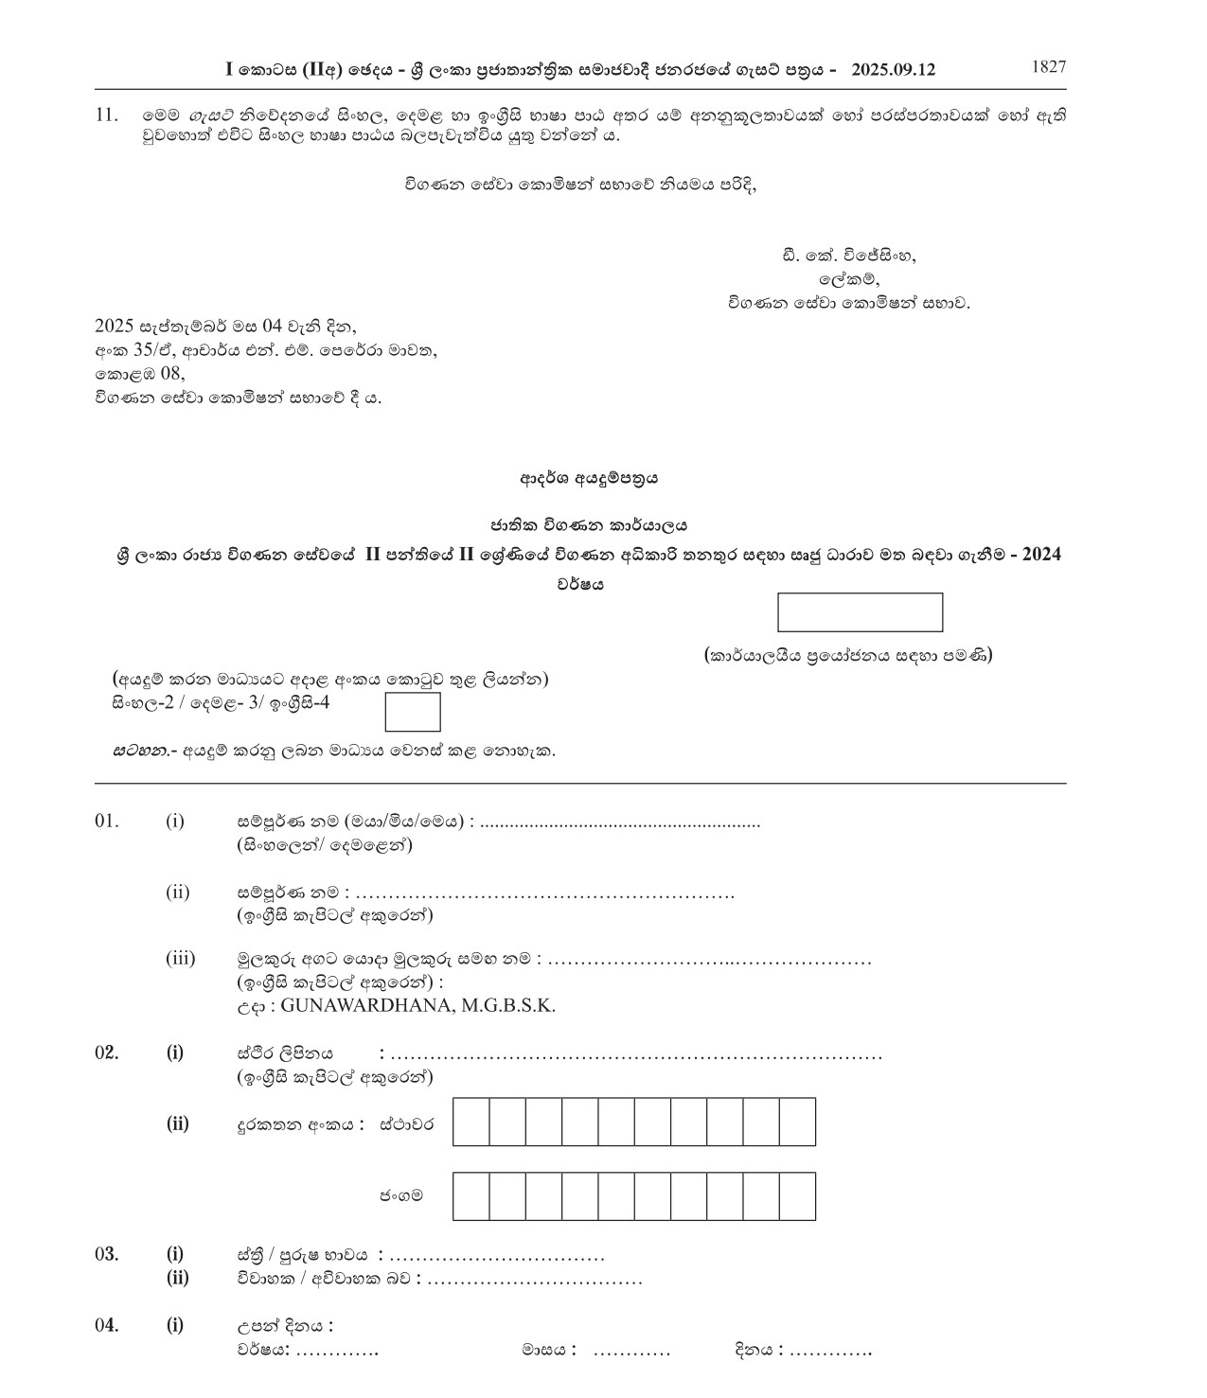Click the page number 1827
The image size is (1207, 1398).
1048,66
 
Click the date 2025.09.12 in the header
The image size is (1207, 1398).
893,70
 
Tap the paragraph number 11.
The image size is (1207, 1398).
106,115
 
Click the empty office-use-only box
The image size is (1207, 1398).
860,612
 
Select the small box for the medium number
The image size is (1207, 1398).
413,712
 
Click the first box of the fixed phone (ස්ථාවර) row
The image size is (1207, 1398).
471,1122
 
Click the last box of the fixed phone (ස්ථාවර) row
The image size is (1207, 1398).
797,1122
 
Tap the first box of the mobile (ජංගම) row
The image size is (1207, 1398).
471,1195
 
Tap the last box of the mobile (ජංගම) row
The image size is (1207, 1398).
797,1195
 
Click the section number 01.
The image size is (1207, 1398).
106,821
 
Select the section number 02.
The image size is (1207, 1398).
106,1053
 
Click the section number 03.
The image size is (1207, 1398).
106,1255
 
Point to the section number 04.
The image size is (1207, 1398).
106,1325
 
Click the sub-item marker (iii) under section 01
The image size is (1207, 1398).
180,959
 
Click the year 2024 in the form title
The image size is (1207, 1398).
1039,555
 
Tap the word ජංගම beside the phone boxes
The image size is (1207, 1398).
402,1195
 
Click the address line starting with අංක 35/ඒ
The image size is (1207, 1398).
266,350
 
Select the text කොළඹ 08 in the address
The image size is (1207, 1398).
139,374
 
